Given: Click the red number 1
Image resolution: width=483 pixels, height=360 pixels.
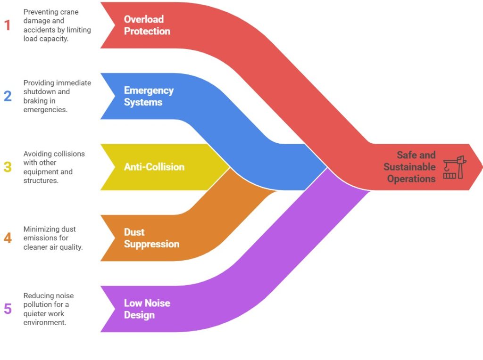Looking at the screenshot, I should pos(7,25).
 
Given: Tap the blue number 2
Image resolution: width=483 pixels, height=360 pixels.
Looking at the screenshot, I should pos(8,96).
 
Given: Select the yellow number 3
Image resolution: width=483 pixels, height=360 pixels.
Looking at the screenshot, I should pos(8,167).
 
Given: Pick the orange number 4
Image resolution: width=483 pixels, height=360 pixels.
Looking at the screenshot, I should pos(8,238).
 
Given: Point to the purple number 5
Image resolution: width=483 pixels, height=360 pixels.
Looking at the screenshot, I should pos(8,309).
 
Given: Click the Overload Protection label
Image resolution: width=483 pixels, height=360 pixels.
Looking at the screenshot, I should pos(147,25).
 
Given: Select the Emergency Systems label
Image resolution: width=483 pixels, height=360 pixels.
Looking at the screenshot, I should pos(149,96).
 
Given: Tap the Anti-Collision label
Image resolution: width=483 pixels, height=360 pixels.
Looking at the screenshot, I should pos(154,167).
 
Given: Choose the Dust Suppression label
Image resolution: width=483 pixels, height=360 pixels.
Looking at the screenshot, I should pos(151,238).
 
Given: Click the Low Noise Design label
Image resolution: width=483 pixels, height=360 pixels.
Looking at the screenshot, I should pos(147,309).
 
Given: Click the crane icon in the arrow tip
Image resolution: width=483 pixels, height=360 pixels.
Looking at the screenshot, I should pos(455,167).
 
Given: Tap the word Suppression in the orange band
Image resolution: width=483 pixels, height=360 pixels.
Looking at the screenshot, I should pos(151,244).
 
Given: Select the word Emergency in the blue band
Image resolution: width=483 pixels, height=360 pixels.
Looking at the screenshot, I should pos(149,90).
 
